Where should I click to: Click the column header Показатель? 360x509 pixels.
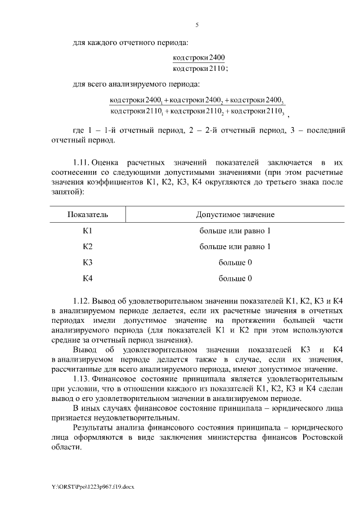coord(88,215)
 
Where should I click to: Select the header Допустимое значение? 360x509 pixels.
coord(235,215)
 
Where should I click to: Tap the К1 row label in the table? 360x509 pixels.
coord(88,231)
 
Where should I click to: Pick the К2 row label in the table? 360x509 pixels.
coord(88,246)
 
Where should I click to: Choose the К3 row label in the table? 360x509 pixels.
coord(88,262)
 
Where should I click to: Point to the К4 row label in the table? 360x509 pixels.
coord(88,278)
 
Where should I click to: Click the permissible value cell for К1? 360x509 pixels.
coord(235,231)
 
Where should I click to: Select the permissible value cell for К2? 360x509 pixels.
coord(235,246)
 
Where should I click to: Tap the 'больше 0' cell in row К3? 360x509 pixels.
coord(235,262)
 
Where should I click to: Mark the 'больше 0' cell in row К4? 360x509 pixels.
coord(235,278)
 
